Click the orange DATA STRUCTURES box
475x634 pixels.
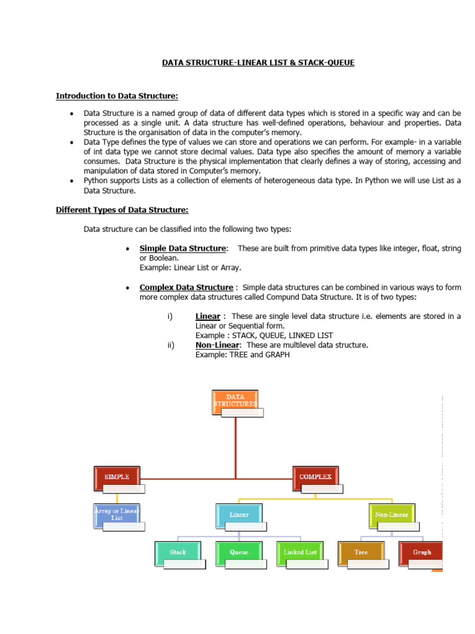pyautogui.click(x=235, y=401)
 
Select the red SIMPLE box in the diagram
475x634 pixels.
pyautogui.click(x=118, y=477)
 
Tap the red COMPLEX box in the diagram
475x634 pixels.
pyautogui.click(x=315, y=477)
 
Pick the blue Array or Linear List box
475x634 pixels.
pyautogui.click(x=118, y=514)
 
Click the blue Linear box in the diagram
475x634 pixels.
pyautogui.click(x=239, y=515)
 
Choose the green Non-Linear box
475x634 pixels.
pyautogui.click(x=392, y=515)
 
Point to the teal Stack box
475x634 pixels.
pyautogui.click(x=178, y=552)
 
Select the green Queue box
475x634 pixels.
pyautogui.click(x=239, y=552)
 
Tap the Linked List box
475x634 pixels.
pyautogui.click(x=300, y=552)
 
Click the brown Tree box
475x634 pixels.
pyautogui.click(x=361, y=552)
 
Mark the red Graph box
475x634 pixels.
pyautogui.click(x=421, y=552)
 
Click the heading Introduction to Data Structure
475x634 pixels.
pyautogui.click(x=118, y=95)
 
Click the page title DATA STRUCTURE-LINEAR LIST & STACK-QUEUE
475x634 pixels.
pyautogui.click(x=258, y=63)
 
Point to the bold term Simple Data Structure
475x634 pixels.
pyautogui.click(x=183, y=248)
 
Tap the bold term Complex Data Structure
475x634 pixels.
pyautogui.click(x=186, y=287)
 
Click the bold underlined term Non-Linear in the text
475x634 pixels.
pyautogui.click(x=217, y=345)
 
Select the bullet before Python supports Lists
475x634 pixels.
pyautogui.click(x=72, y=181)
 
